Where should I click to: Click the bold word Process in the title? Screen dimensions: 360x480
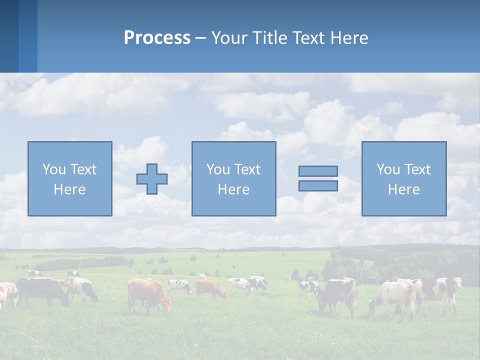(157, 38)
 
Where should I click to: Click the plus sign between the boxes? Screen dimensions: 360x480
(152, 179)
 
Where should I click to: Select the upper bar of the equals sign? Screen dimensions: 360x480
(318, 171)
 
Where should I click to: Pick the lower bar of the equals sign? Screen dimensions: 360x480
(318, 186)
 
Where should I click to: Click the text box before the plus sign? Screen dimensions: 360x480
(69, 178)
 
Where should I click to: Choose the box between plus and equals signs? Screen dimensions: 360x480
(233, 178)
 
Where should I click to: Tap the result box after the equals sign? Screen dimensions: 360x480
(403, 178)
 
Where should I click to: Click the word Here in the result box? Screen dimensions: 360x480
(403, 189)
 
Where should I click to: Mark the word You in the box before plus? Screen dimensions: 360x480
(54, 169)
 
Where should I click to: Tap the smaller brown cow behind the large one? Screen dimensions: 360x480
(210, 288)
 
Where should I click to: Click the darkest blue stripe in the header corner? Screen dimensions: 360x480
(9, 36)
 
